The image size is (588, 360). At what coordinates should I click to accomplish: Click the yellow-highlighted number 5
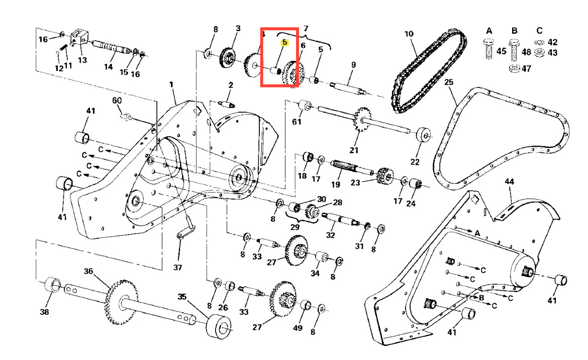285,42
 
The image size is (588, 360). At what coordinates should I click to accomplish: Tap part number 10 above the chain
409,34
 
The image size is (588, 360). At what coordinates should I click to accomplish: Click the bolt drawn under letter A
488,49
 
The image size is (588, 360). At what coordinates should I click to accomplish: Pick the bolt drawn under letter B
514,50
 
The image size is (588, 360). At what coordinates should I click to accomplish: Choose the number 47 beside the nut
526,68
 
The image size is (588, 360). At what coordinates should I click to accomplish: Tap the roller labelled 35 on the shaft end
219,326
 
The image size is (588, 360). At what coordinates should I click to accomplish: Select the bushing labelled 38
53,285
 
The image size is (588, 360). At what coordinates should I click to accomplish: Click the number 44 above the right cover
509,182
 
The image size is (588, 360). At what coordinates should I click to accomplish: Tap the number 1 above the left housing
171,84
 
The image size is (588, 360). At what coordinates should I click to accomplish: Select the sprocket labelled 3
228,57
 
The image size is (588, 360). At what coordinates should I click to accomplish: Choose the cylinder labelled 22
424,135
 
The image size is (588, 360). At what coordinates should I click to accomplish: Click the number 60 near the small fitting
117,101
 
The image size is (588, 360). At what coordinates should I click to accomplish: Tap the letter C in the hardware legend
539,30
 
